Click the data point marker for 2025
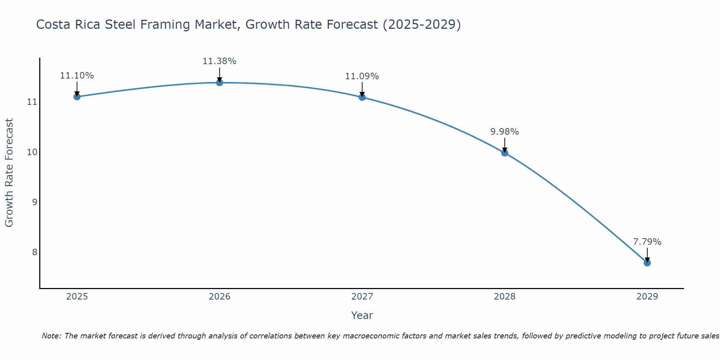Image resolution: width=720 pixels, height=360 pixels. [x=77, y=96]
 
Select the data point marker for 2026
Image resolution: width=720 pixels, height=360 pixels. [x=220, y=82]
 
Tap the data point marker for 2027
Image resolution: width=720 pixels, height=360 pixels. [x=362, y=97]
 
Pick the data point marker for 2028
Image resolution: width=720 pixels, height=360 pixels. [x=505, y=153]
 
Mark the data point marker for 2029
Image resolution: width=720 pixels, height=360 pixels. [x=647, y=263]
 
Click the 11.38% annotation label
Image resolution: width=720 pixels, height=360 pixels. [x=219, y=61]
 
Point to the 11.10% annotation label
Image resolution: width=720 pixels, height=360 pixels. [x=77, y=76]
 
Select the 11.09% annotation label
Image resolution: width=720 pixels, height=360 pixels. [x=362, y=76]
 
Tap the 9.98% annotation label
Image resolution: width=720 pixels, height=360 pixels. [x=504, y=132]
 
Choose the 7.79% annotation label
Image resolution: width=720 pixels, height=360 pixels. [x=647, y=242]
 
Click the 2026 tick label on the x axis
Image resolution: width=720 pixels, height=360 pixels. [x=220, y=297]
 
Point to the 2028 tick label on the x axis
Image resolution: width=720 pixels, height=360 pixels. [x=505, y=297]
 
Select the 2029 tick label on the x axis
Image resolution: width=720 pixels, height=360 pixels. [x=647, y=297]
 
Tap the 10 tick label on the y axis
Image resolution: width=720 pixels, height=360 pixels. [x=32, y=152]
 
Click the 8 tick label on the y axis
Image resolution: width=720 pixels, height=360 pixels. [x=35, y=252]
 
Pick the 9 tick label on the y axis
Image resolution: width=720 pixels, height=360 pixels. [x=35, y=202]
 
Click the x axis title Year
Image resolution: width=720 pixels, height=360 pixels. [x=362, y=315]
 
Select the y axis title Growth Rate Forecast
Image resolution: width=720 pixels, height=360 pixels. [x=9, y=173]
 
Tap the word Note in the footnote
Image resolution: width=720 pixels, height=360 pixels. [x=51, y=336]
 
